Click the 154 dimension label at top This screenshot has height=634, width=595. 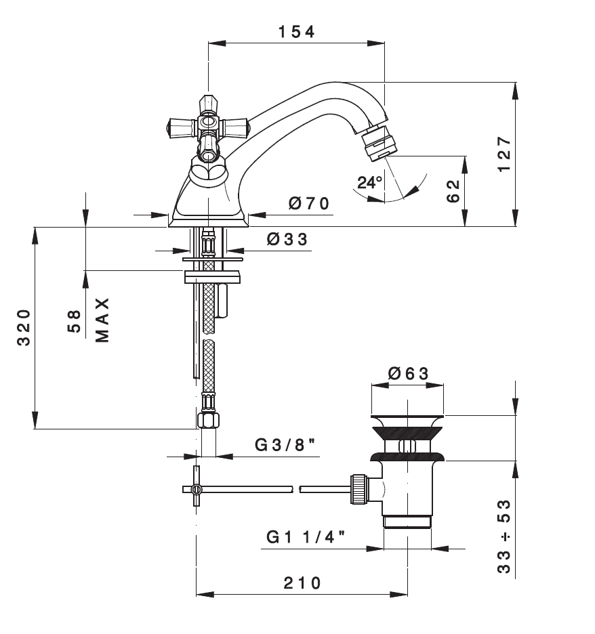point(296,32)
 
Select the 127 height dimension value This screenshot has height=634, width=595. point(504,154)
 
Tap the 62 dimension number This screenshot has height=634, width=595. point(453,191)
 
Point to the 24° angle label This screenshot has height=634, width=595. point(370,182)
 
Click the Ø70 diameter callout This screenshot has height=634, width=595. point(309,203)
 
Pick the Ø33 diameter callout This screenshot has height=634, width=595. point(287,239)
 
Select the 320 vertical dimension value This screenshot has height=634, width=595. point(24,328)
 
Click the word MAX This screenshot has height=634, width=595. point(103,320)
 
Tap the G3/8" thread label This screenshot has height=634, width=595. point(285,445)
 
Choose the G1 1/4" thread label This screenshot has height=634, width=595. point(306,537)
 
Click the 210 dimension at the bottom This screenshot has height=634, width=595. point(302,583)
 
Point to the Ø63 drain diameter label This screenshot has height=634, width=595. point(408,373)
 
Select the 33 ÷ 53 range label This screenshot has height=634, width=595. point(504,536)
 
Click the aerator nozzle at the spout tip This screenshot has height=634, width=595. point(379,143)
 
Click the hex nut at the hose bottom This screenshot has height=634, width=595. point(208,420)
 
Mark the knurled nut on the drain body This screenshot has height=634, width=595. point(359,489)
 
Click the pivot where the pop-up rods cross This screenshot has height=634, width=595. point(197,489)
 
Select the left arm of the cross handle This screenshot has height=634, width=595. point(181,127)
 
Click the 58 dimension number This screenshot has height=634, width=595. point(74,322)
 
